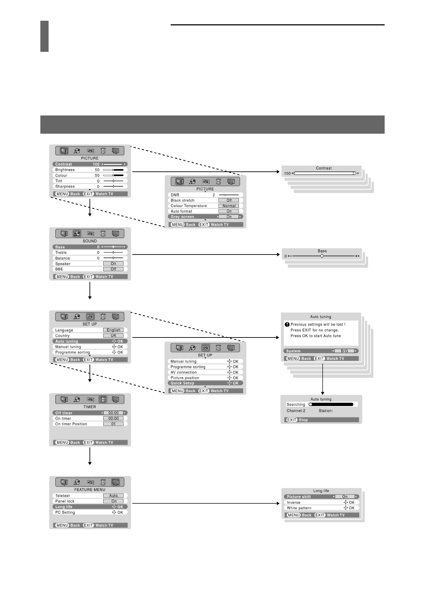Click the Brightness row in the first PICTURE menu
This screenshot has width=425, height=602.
pos(90,170)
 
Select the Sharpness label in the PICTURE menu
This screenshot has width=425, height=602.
pos(65,186)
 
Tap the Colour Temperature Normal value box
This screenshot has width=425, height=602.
pos(229,206)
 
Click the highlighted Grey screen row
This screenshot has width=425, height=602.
pos(205,217)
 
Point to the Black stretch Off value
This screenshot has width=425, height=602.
pos(229,201)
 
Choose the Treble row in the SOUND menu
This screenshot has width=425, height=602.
pos(90,252)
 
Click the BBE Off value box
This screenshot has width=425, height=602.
pos(113,269)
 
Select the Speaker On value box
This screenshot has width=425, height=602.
pos(113,263)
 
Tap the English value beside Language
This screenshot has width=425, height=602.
pos(113,330)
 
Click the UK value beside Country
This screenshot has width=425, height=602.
pos(113,336)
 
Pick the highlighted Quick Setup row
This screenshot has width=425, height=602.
pos(205,383)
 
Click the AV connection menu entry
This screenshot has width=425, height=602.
pos(184,372)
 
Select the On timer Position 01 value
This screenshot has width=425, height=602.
pos(113,424)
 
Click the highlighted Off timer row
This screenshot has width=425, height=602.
pos(90,413)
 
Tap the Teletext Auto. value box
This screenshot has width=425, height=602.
pos(114,496)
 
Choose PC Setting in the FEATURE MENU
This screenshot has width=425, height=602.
pos(65,512)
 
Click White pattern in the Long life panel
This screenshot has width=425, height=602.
pos(299,508)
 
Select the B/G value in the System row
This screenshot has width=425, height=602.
pos(344,351)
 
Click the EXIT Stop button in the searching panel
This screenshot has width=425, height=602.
pos(297,420)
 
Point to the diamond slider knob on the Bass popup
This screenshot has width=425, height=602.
pos(322,256)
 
